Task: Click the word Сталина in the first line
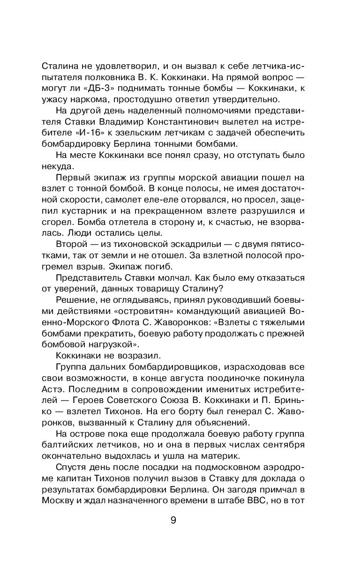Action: (x=58, y=65)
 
